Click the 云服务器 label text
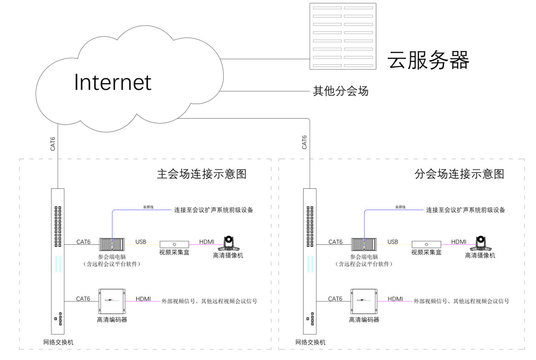point(429,60)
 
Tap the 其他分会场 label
point(341,91)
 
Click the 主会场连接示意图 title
point(201,174)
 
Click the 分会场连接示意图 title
point(459,174)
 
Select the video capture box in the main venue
point(174,244)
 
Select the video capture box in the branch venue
point(426,244)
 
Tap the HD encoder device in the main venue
point(112,301)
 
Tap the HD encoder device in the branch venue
point(364,301)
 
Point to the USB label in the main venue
point(141,242)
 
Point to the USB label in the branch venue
point(393,242)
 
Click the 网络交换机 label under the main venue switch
point(58,342)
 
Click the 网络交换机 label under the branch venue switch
point(310,342)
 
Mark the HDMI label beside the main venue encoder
point(143,299)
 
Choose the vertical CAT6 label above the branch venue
point(304,142)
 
